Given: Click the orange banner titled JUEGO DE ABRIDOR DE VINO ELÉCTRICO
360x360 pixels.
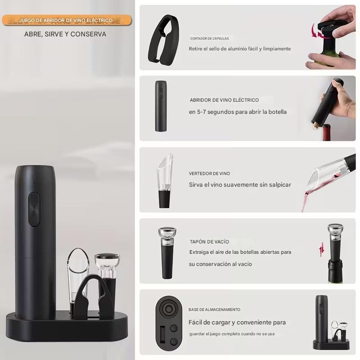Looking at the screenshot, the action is pos(67,20).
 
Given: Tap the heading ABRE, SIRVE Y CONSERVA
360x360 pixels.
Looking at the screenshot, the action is pos(65,34).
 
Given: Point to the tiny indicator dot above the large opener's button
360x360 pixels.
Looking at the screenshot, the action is pos(34,183).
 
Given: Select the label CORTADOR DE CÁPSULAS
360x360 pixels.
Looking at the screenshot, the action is pos(209,38).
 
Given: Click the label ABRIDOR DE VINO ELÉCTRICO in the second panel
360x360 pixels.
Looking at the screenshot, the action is pos(224,100).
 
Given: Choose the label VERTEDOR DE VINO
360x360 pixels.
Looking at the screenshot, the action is pos(209,174).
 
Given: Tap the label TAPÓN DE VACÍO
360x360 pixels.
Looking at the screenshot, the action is pos(209,242).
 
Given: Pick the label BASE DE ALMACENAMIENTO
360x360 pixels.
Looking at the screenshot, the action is pos(215,310).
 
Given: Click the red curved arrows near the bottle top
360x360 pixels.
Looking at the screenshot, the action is pos(317,31).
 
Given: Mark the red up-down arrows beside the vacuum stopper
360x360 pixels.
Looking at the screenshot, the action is pos(322,249).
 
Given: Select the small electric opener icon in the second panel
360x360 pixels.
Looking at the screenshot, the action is pos(161,106).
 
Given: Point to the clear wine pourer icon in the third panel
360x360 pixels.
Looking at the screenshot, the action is pos(165,181).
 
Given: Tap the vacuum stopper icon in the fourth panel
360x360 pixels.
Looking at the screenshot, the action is pos(167,253).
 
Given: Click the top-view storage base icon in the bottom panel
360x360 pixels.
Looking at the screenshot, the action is pos(168,323).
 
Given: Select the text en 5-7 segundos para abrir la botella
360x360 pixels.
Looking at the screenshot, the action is pos(238,112).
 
